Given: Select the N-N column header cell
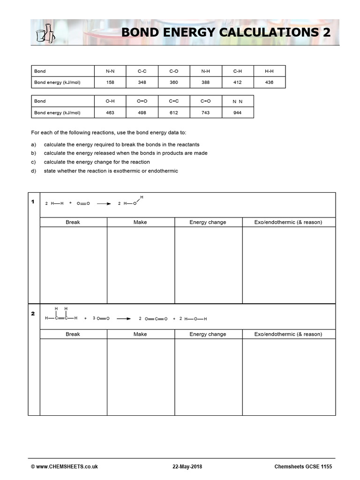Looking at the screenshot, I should [110, 71].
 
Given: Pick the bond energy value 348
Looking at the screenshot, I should [142, 82].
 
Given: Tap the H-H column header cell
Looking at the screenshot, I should [269, 71].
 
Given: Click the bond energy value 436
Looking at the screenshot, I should [269, 82].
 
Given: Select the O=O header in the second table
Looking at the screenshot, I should [142, 101].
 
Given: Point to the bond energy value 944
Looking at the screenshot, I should [237, 112].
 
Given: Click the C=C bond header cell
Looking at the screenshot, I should [174, 101].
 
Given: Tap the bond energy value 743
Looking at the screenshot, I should [206, 112].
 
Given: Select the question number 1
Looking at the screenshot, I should [33, 202].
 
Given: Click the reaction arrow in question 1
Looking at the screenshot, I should [104, 204].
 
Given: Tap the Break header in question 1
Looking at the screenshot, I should [73, 222].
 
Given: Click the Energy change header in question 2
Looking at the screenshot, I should [208, 334].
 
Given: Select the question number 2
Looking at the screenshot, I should [33, 314].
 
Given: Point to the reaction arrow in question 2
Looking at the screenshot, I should [124, 319].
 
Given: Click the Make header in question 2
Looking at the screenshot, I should [140, 334].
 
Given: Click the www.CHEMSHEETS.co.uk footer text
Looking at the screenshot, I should [64, 467].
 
